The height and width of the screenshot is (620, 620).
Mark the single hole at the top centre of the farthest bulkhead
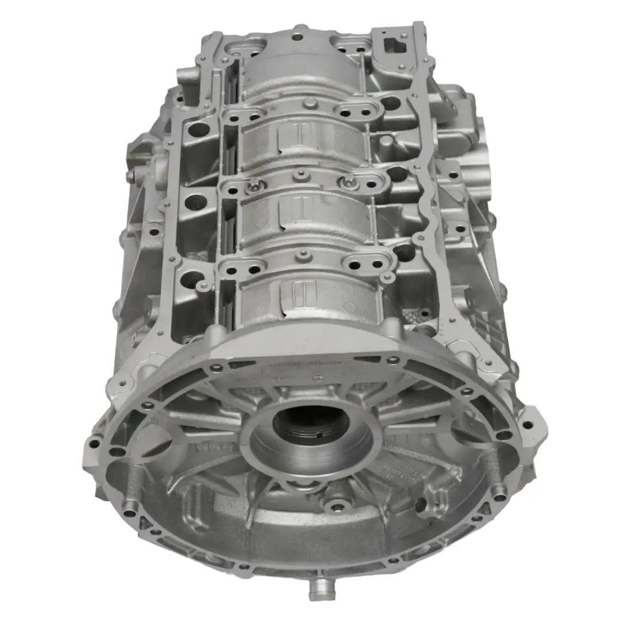tap(297, 37)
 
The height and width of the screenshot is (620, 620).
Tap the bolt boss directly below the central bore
tap(332, 506)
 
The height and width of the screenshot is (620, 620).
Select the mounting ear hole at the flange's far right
tap(526, 425)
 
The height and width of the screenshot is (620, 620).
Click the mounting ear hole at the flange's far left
tap(92, 442)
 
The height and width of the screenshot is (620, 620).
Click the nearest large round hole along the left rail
tap(189, 281)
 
